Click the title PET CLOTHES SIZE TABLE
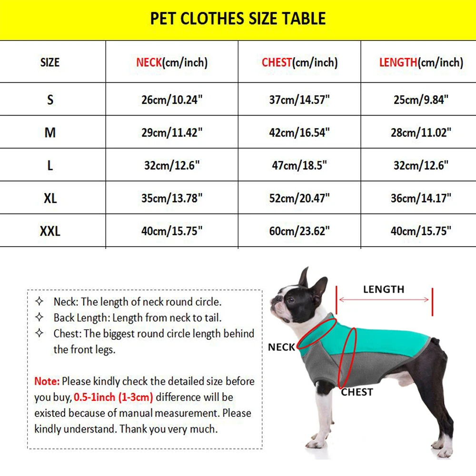238,19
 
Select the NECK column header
172,62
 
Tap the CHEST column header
299,62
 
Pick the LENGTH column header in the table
421,62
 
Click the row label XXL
50,231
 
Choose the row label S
50,100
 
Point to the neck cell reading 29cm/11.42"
172,132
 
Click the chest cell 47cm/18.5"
299,165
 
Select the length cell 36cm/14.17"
421,198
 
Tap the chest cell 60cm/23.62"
299,231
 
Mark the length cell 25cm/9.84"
421,100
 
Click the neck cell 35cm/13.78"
172,198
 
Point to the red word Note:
47,381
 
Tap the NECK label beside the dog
281,347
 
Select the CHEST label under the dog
357,392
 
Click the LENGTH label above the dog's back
384,289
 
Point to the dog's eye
290,300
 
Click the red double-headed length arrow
384,300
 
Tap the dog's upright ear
304,278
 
